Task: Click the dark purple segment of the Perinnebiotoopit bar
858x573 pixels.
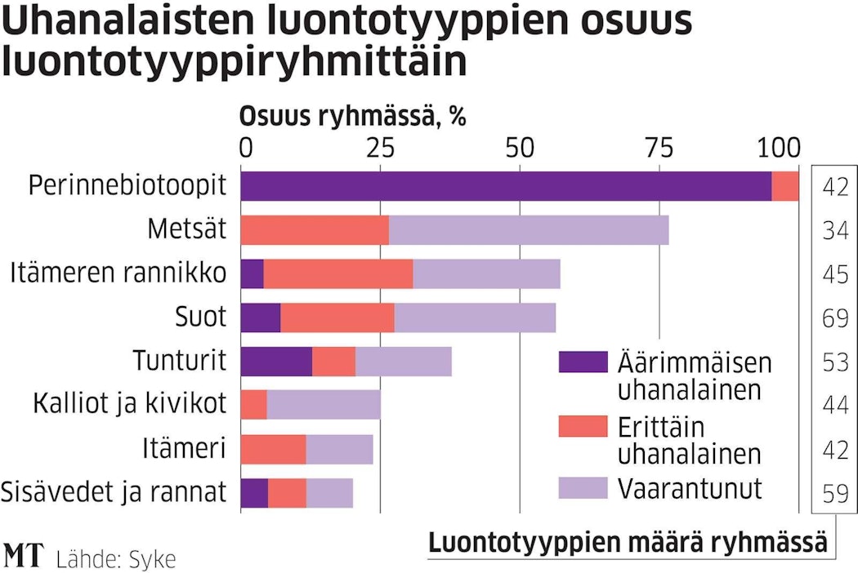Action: tap(507, 186)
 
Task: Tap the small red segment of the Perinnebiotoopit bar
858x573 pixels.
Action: tap(785, 186)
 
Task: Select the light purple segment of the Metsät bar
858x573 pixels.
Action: tap(529, 230)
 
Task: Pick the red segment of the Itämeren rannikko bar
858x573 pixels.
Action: tap(338, 273)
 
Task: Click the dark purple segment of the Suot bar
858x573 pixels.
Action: tap(261, 318)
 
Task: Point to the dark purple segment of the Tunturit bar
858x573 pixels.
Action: tap(276, 361)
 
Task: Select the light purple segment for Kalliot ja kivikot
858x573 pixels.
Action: tap(324, 405)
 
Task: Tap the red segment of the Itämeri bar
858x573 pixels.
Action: tap(273, 449)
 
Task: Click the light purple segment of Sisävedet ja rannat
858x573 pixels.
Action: tap(329, 492)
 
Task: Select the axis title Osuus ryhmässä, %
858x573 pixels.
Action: tap(352, 117)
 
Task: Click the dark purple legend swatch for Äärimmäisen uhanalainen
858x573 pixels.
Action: tap(583, 362)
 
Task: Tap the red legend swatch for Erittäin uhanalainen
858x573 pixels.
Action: tap(583, 426)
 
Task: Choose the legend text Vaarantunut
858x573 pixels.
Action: tap(690, 488)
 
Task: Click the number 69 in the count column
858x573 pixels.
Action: tap(835, 318)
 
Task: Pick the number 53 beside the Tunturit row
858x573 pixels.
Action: tap(835, 362)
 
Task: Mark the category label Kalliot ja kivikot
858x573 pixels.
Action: tap(129, 404)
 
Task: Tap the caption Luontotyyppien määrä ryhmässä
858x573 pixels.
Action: tap(628, 542)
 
